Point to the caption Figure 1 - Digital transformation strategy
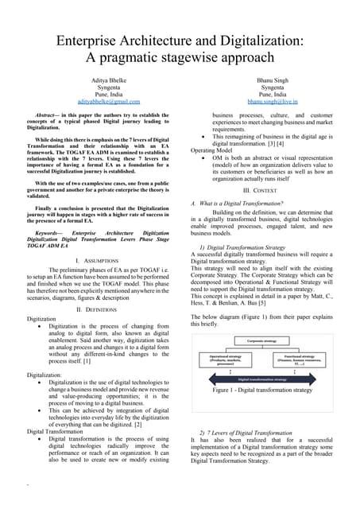[263, 390]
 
